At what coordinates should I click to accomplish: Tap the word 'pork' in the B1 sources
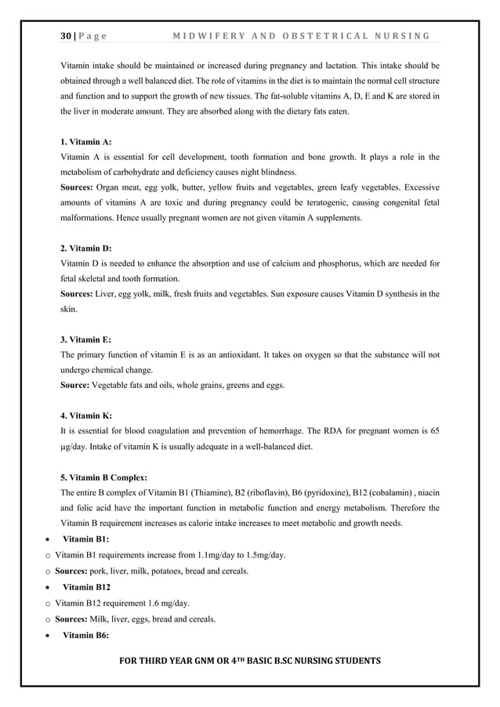coord(103,571)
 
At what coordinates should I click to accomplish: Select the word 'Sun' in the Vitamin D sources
coord(295,295)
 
